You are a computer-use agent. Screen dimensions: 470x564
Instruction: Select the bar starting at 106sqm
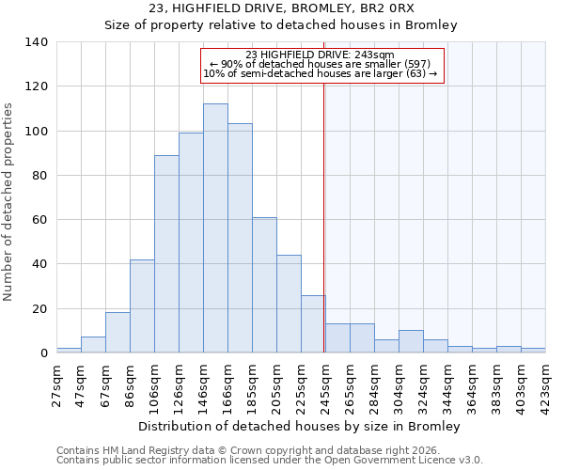point(166,254)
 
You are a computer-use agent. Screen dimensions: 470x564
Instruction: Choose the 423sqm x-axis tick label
point(545,385)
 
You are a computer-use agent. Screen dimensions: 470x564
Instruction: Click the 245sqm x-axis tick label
point(325,385)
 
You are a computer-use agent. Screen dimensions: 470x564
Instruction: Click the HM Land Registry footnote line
point(250,451)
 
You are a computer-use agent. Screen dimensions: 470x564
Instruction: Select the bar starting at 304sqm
point(411,342)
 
